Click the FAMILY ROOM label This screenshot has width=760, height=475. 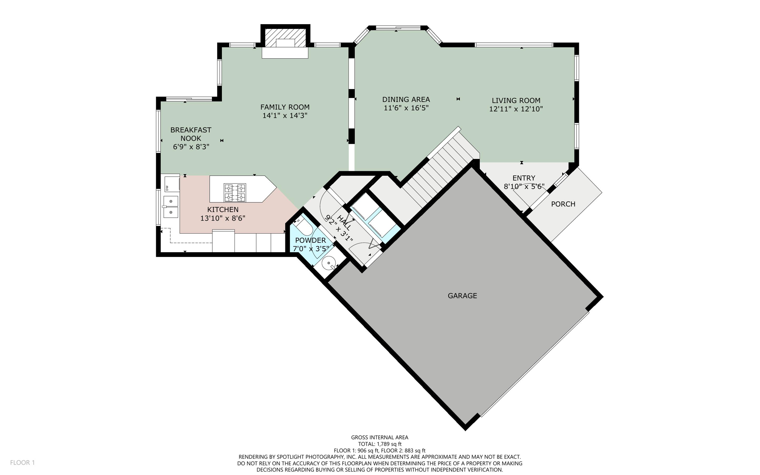coord(285,107)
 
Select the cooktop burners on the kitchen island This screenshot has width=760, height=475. coord(235,192)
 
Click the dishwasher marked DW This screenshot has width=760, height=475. coord(172,184)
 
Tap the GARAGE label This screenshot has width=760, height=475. coord(462,296)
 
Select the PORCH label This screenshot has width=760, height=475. coord(563,204)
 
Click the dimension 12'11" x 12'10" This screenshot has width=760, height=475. coord(516,109)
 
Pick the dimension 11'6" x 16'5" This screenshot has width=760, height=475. coord(406,108)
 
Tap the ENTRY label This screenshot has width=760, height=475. coord(524,178)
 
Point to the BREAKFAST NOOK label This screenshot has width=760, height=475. coord(191,134)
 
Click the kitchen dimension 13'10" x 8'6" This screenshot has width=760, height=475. coord(223,218)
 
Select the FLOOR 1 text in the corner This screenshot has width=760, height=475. coord(22,462)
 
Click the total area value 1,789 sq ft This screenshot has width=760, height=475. coord(389,444)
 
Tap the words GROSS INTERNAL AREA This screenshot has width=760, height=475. coord(380,437)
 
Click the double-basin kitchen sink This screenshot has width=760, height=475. coord(171,206)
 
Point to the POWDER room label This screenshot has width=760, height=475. coord(310,240)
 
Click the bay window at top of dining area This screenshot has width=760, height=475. coord(398,28)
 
